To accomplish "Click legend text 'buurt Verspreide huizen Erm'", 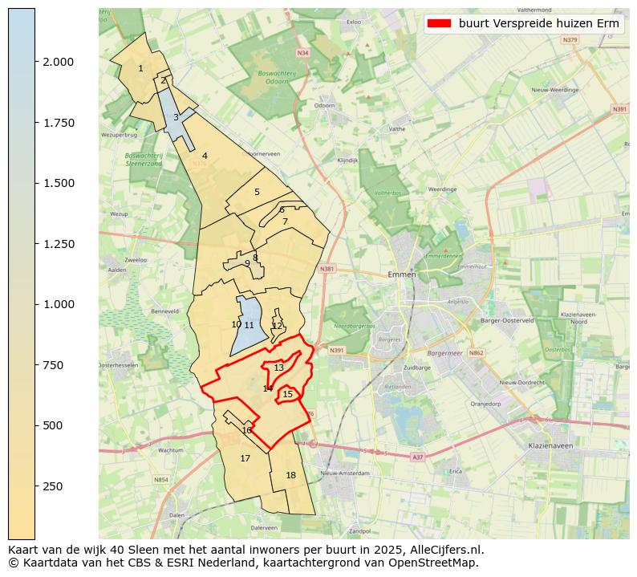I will pos(539,24).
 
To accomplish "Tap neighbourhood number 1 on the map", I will pos(140,68).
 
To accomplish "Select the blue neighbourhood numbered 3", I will pos(176,117).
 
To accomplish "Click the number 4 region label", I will pos(205,156).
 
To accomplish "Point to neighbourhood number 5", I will pos(257,192).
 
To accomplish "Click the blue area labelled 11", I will pos(249,325).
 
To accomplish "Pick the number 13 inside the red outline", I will pos(278,368).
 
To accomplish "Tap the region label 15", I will pos(287,394).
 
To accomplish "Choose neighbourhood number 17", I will pos(245,459).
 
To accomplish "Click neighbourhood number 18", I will pos(290,475).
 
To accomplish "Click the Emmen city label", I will pos(401,274).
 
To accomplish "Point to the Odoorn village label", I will pos(325,105).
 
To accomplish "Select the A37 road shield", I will pos(417,457).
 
